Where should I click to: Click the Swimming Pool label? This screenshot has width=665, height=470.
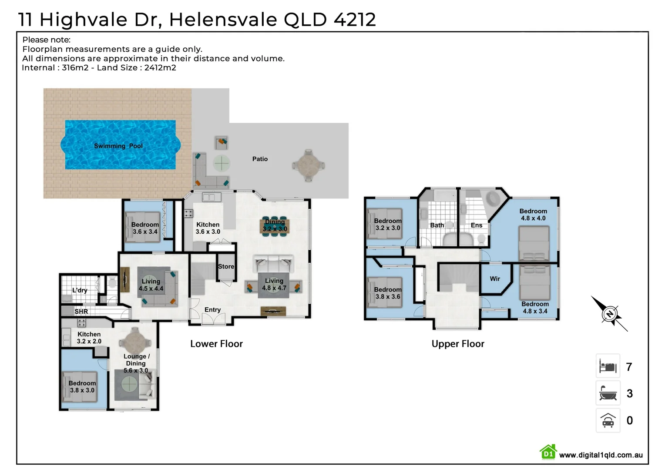click(x=118, y=146)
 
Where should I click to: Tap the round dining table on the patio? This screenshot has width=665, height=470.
click(x=308, y=165)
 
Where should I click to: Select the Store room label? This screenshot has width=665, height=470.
click(x=226, y=266)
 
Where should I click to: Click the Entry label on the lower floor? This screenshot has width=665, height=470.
click(x=212, y=310)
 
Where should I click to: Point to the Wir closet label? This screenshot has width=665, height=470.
click(x=495, y=279)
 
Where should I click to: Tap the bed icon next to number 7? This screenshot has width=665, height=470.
click(x=608, y=366)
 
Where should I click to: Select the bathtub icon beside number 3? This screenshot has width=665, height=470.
click(x=608, y=393)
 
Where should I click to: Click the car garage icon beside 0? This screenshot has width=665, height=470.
click(x=608, y=420)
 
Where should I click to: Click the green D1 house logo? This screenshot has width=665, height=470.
click(x=548, y=453)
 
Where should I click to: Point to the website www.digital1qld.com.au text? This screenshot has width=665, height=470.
click(x=601, y=455)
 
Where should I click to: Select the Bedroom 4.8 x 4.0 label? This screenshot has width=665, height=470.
click(x=533, y=215)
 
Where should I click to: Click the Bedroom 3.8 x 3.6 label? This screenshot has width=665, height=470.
click(x=387, y=293)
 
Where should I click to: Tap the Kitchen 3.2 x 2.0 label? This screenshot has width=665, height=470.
click(x=89, y=338)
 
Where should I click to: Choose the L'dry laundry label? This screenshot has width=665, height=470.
click(x=80, y=290)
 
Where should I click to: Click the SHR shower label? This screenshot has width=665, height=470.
click(x=81, y=312)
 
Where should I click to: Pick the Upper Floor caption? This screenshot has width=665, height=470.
click(x=457, y=344)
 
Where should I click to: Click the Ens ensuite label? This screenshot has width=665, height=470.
click(x=476, y=225)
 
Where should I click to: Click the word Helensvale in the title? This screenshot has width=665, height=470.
click(x=223, y=20)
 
